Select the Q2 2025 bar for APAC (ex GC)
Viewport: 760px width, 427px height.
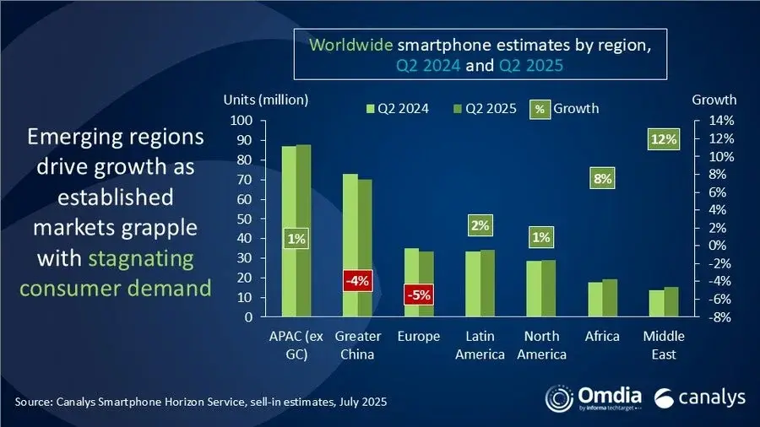pyautogui.click(x=303, y=231)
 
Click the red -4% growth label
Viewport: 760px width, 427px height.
pyautogui.click(x=357, y=281)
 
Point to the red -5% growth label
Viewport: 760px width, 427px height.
pyautogui.click(x=418, y=297)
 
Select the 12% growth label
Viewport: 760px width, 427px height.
pyautogui.click(x=663, y=139)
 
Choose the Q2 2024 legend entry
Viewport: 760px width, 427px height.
pyautogui.click(x=398, y=108)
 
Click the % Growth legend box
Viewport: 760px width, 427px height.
pyautogui.click(x=540, y=108)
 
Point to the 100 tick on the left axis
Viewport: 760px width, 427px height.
pyautogui.click(x=243, y=121)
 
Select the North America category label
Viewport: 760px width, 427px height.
pyautogui.click(x=540, y=345)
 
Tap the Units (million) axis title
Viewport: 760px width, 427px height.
pyautogui.click(x=264, y=100)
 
